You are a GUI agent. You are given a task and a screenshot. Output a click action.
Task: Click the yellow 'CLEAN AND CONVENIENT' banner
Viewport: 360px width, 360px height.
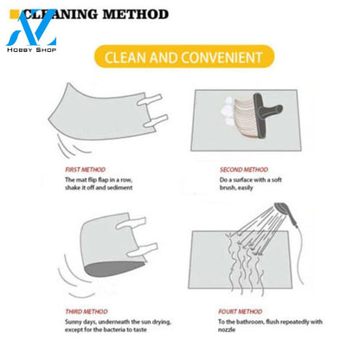pyautogui.click(x=184, y=57)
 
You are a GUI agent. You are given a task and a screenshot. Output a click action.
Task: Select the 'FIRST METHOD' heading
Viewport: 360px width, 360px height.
pyautogui.click(x=85, y=170)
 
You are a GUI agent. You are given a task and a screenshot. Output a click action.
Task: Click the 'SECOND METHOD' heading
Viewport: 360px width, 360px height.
pyautogui.click(x=244, y=170)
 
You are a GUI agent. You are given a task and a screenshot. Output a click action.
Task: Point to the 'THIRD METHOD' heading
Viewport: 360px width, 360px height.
pyautogui.click(x=87, y=312)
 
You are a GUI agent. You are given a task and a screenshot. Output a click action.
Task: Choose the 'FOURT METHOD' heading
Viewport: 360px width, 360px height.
pyautogui.click(x=240, y=312)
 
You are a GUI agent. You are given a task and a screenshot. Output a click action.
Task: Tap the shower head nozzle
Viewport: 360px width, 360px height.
pyautogui.click(x=281, y=209)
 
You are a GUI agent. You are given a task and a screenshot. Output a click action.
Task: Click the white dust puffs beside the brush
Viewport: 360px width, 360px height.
pyautogui.click(x=228, y=111)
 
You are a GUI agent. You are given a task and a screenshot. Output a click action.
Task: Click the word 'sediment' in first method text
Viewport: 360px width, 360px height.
pyautogui.click(x=119, y=188)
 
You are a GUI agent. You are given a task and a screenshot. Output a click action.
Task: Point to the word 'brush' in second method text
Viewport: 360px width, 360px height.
pyautogui.click(x=228, y=188)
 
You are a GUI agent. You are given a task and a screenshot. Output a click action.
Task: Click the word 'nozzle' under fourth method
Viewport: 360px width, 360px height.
pyautogui.click(x=227, y=330)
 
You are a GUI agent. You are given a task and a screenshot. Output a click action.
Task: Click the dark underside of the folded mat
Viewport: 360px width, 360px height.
pyautogui.click(x=114, y=268)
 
